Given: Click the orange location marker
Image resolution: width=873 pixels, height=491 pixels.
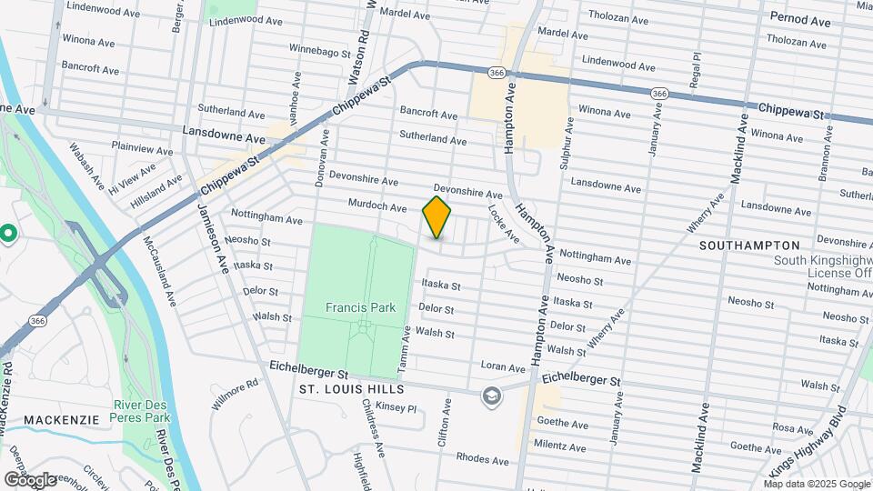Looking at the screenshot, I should click(x=436, y=217).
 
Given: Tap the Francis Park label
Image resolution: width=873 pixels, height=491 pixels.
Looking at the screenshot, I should click(x=361, y=307).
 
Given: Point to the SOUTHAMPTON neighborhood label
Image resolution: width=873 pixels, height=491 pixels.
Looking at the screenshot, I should click(x=749, y=245).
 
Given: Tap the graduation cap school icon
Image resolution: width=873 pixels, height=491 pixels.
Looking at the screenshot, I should click(x=491, y=396).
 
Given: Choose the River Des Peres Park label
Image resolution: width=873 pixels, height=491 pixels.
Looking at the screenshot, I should click(x=142, y=411).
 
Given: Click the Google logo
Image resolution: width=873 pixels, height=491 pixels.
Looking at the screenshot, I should click(x=30, y=479).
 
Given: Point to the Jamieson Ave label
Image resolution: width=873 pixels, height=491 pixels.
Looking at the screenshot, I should click(x=212, y=238).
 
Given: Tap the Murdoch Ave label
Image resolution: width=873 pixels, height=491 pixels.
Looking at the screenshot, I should click(x=375, y=207).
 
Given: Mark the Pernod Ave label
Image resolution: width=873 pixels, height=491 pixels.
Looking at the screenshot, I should click(x=800, y=18).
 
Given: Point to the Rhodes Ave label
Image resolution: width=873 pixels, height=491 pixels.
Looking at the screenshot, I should click(x=478, y=457).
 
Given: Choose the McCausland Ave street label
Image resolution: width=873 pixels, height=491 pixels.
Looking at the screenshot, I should click(x=159, y=270).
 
